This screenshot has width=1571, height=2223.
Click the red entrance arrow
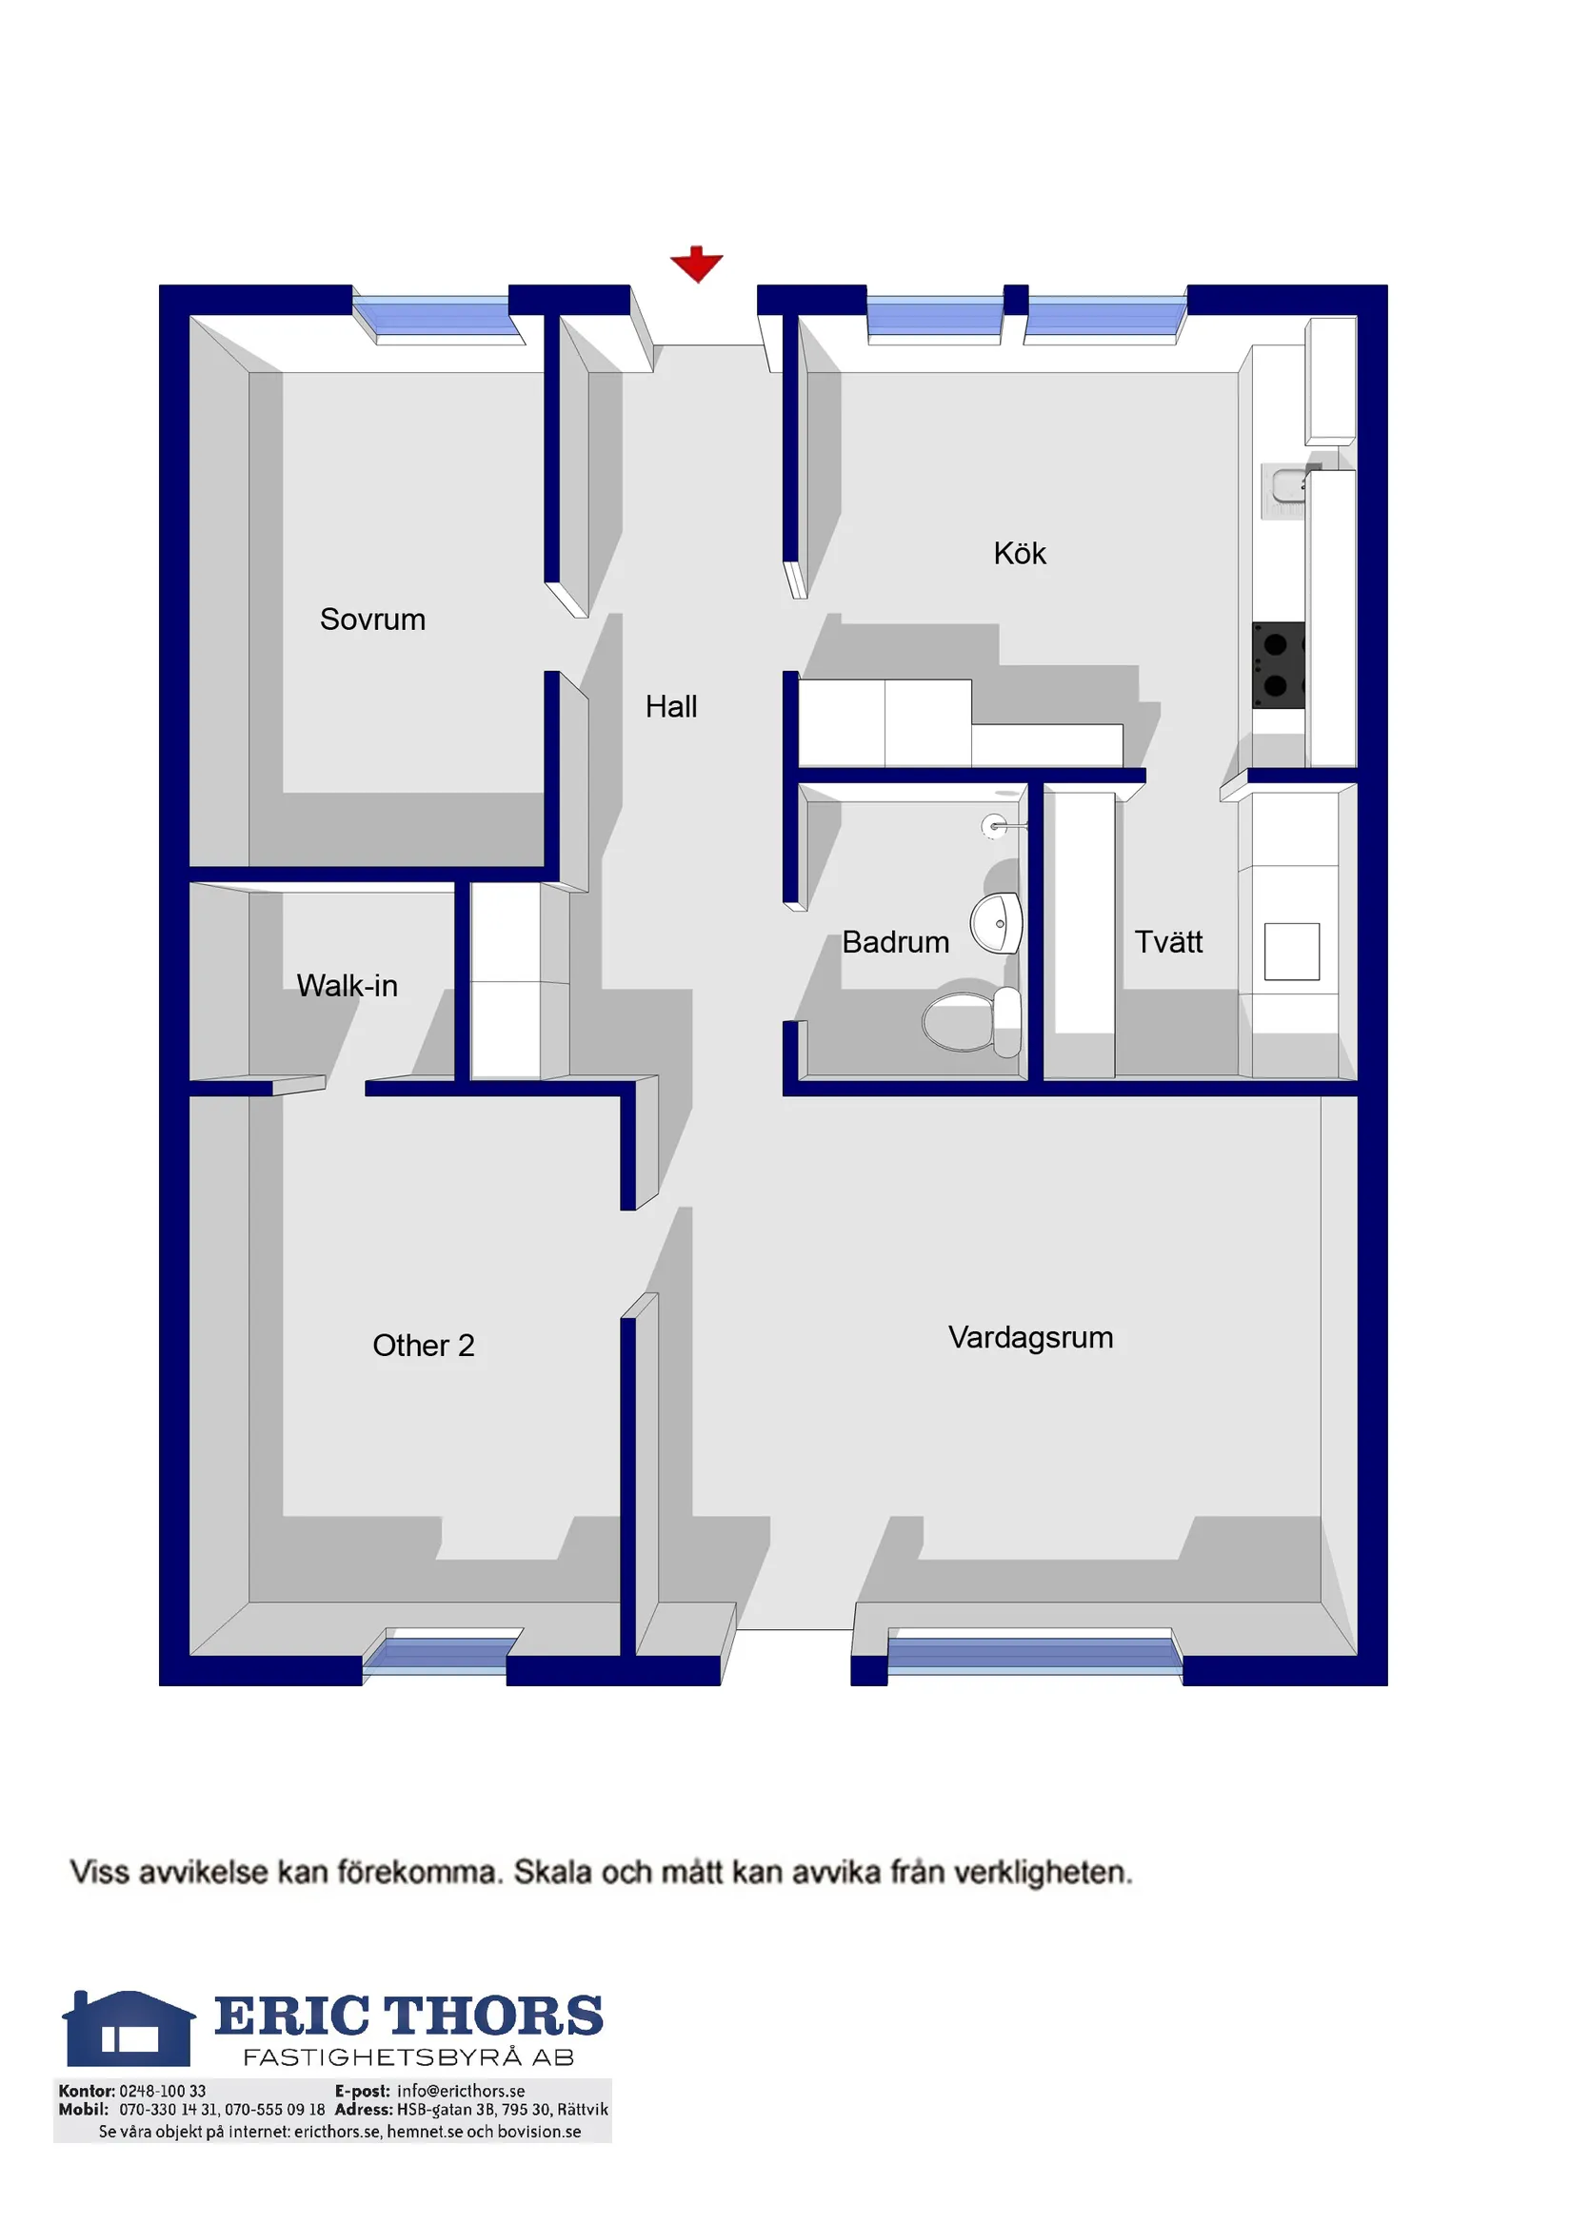[x=696, y=264]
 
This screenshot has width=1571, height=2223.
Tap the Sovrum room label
[x=373, y=620]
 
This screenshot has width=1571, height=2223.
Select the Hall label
[x=671, y=707]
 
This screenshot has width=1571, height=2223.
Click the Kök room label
[x=1020, y=554]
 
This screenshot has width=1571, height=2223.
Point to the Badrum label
[x=896, y=942]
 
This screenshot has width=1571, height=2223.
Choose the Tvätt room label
[x=1168, y=942]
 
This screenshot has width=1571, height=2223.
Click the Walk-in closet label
[x=347, y=986]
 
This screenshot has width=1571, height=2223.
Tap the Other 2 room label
[x=424, y=1345]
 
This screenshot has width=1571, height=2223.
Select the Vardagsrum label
[x=1030, y=1337]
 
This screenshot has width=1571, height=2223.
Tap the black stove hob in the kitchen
[x=1278, y=665]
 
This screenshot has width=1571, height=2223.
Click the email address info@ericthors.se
[x=461, y=2092]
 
